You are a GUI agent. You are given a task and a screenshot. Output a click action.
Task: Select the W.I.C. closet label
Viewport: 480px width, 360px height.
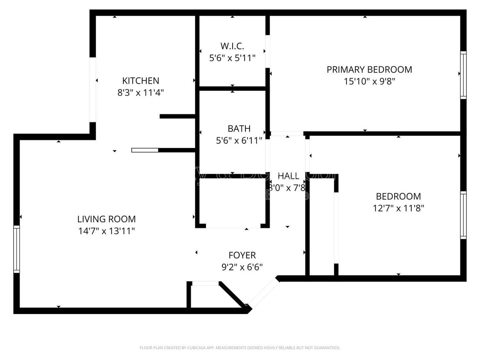click(x=232, y=46)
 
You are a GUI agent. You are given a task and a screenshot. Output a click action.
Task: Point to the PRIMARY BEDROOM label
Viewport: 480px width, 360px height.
click(x=369, y=70)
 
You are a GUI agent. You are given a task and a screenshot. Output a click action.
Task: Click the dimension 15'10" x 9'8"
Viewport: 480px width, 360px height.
click(x=369, y=81)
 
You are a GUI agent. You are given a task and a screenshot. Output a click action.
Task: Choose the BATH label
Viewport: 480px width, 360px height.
click(x=239, y=128)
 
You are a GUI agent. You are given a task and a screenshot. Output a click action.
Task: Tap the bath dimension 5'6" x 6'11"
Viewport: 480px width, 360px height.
click(x=239, y=140)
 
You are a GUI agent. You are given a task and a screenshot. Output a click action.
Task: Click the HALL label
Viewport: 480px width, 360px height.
click(x=288, y=176)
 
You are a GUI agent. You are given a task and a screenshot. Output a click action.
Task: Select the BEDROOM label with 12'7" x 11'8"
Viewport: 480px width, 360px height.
click(x=398, y=197)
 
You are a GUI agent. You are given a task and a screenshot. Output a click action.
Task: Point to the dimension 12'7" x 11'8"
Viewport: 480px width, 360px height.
click(x=398, y=208)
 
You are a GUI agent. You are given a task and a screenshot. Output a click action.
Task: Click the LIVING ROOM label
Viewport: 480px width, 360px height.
click(x=106, y=219)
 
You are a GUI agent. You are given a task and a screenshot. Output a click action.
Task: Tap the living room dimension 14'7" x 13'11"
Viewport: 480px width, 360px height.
click(x=106, y=231)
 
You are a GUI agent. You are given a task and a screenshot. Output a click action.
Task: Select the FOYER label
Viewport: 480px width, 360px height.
click(x=242, y=255)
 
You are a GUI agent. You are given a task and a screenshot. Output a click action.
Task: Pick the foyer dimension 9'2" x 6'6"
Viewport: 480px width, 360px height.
click(x=242, y=267)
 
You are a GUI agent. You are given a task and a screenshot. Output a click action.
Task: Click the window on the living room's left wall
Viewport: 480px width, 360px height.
click(x=17, y=249)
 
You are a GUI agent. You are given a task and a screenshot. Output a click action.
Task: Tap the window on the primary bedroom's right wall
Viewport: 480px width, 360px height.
click(x=463, y=75)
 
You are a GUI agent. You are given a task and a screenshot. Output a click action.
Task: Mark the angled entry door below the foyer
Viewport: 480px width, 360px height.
click(x=263, y=292)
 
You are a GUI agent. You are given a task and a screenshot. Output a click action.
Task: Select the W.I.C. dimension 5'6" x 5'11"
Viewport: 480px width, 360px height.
click(x=232, y=58)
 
